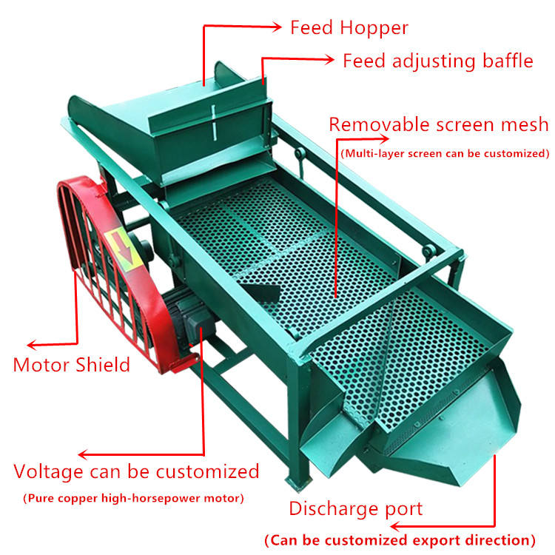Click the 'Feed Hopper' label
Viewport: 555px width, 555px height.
[x=349, y=28]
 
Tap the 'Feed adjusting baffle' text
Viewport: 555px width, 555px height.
[x=437, y=61]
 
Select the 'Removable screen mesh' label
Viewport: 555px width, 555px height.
[x=439, y=124]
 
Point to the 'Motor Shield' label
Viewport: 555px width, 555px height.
[x=72, y=364]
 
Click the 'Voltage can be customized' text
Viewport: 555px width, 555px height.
[x=137, y=471]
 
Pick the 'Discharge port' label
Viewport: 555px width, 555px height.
[x=355, y=508]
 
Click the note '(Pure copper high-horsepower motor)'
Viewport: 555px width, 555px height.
[x=132, y=498]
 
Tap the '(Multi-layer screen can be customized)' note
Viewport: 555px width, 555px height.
[x=444, y=154]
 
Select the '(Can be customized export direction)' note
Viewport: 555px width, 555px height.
[x=400, y=539]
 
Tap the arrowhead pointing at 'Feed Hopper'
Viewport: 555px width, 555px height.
[x=277, y=28]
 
